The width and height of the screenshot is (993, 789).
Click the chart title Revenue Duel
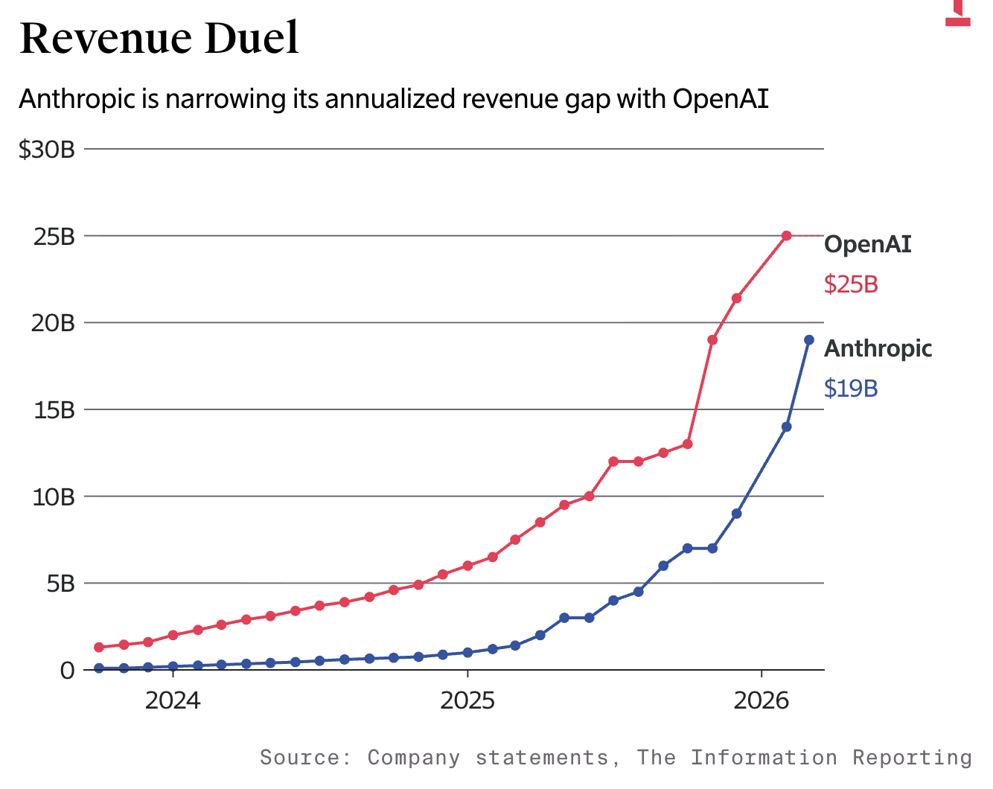click(x=159, y=39)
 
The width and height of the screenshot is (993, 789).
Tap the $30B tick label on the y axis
click(x=47, y=150)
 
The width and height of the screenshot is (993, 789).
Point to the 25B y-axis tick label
click(x=54, y=237)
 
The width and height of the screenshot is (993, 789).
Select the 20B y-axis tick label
click(x=54, y=323)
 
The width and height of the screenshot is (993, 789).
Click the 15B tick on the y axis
click(x=54, y=410)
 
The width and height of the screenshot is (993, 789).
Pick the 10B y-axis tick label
click(x=54, y=496)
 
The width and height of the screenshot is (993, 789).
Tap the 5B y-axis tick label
click(x=60, y=584)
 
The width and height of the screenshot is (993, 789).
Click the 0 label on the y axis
click(x=68, y=671)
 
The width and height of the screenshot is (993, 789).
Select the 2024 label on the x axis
click(x=173, y=700)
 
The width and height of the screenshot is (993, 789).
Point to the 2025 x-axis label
click(x=467, y=700)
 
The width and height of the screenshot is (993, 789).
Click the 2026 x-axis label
click(x=761, y=700)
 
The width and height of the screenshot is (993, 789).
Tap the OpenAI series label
click(x=867, y=244)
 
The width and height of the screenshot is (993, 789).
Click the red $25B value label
click(x=851, y=284)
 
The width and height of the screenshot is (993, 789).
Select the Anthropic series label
click(x=878, y=348)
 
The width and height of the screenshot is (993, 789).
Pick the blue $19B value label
click(x=851, y=389)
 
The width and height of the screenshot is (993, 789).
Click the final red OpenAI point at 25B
click(x=786, y=235)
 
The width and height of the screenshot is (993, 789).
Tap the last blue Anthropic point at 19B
click(x=809, y=339)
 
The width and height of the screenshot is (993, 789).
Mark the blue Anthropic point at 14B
click(x=786, y=427)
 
